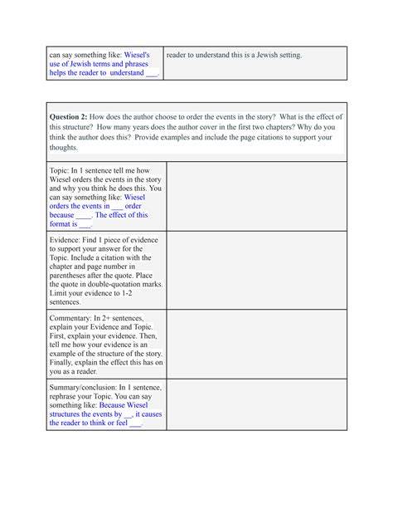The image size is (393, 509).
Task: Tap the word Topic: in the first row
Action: [62, 169]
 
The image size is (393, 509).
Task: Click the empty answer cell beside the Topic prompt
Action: [256, 196]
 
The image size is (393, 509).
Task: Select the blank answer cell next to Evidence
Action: [256, 270]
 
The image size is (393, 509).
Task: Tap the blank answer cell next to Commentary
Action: [256, 344]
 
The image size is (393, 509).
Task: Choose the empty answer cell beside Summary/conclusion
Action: [256, 404]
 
